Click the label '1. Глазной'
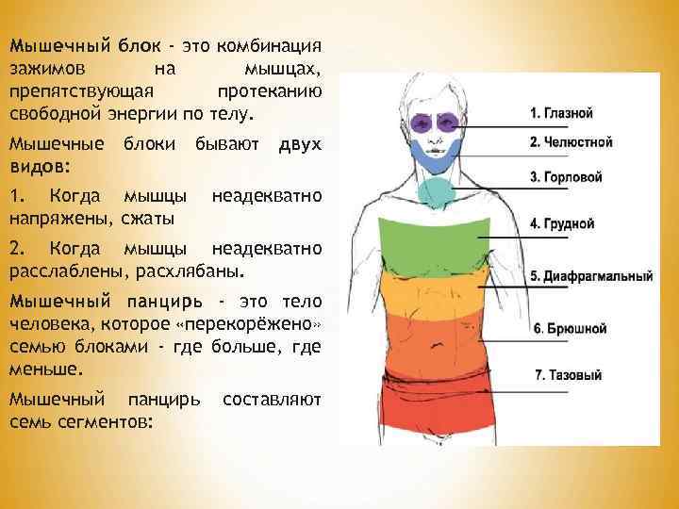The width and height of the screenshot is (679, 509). point(561,113)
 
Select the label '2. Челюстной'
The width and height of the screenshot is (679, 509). point(571,142)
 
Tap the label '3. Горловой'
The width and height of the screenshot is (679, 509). point(567,176)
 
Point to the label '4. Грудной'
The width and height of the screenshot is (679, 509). point(562,224)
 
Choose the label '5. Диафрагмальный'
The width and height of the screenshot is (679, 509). point(591,276)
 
